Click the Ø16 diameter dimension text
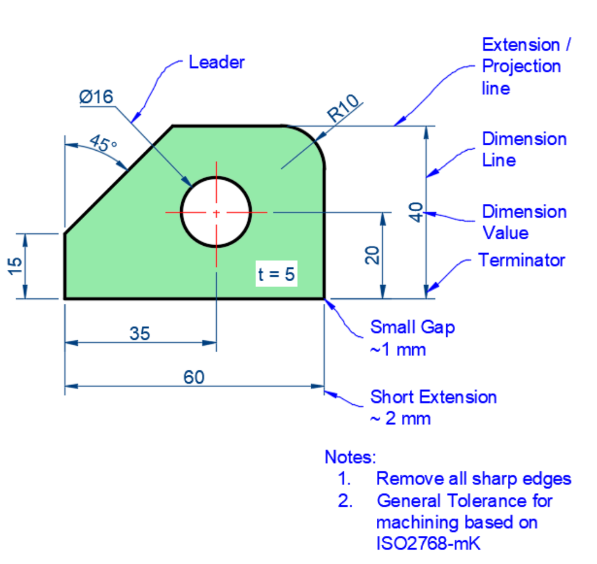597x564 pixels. point(96,97)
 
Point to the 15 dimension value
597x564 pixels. point(16,265)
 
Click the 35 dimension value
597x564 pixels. point(140,333)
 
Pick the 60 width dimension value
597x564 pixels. point(194,377)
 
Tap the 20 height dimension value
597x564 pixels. point(372,255)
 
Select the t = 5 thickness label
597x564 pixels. point(276,275)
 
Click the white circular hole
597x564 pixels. point(216,212)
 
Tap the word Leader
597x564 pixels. point(217,62)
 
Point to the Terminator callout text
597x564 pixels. point(522,260)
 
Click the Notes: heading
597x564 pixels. point(350,458)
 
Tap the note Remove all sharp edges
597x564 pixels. point(473,479)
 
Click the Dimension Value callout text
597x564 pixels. point(524,221)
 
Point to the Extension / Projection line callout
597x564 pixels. point(525,66)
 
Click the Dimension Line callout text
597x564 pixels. point(524,150)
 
